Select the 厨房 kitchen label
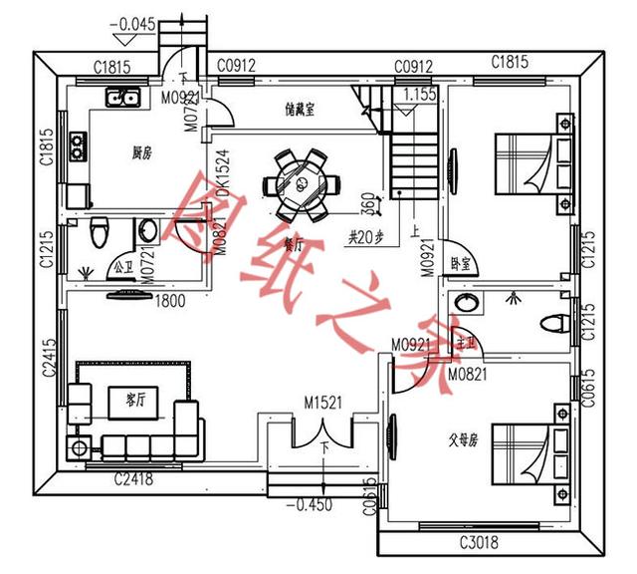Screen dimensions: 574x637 click(142, 153)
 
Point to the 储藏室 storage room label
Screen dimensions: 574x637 click(299, 111)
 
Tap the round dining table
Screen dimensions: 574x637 click(300, 184)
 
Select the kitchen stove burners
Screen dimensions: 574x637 click(78, 152)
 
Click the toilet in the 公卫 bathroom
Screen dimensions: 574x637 click(98, 233)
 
